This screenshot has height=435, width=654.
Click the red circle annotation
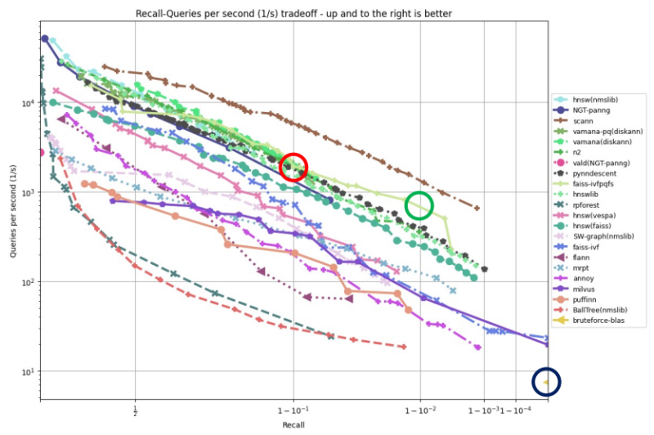pos(294,167)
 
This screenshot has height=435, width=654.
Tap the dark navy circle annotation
pos(547,381)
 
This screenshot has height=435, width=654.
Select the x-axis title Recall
pos(293,426)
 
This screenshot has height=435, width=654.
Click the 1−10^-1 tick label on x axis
pos(293,410)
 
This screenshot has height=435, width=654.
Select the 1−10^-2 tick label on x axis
pos(420,410)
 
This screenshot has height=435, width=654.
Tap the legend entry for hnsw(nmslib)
pos(595,98)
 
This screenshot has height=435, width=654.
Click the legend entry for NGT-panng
pos(592,109)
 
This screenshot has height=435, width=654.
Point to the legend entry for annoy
pos(584,279)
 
